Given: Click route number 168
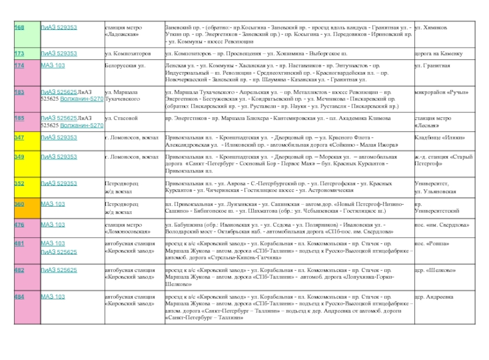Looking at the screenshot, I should (x=20, y=28).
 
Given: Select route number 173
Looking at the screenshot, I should (x=20, y=54).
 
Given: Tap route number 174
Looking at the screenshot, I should (x=20, y=65).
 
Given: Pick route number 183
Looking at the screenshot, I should (x=20, y=92).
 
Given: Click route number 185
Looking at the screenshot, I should (x=20, y=117).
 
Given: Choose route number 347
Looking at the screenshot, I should (x=20, y=138).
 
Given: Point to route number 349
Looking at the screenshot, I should (x=20, y=157).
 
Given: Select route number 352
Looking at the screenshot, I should (x=20, y=183).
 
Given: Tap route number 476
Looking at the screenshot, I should (x=20, y=224).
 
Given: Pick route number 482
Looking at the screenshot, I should (x=20, y=270).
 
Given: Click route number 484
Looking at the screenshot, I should (x=20, y=296).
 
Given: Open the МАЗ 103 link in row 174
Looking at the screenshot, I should (x=53, y=65).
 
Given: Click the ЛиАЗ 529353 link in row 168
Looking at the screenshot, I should (x=59, y=28).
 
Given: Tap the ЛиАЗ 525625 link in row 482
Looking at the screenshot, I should (x=59, y=270).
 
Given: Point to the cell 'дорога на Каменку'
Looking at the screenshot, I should (x=438, y=54).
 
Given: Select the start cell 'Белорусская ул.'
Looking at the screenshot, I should (x=125, y=65).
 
